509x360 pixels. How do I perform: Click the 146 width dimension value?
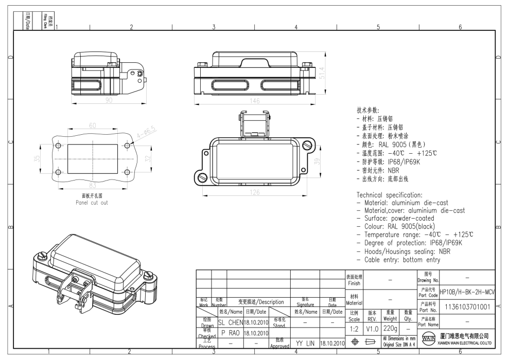pyautogui.click(x=254, y=101)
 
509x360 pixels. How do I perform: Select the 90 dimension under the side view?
pyautogui.click(x=109, y=100)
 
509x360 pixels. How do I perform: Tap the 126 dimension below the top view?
pyautogui.click(x=254, y=192)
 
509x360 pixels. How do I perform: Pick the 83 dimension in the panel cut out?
pyautogui.click(x=93, y=185)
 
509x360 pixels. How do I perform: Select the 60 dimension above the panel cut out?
pyautogui.click(x=93, y=126)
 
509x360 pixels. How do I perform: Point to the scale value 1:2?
pyautogui.click(x=355, y=328)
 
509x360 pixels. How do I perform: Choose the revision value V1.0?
pyautogui.click(x=372, y=328)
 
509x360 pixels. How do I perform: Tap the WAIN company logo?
pyautogui.click(x=429, y=339)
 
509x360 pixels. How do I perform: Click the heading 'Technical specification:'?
pyautogui.click(x=389, y=195)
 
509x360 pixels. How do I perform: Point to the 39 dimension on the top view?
pyautogui.click(x=318, y=161)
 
